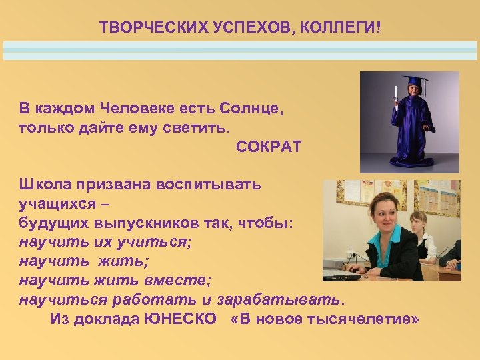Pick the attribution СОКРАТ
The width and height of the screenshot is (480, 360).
268,146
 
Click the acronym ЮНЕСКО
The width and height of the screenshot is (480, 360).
180,319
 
